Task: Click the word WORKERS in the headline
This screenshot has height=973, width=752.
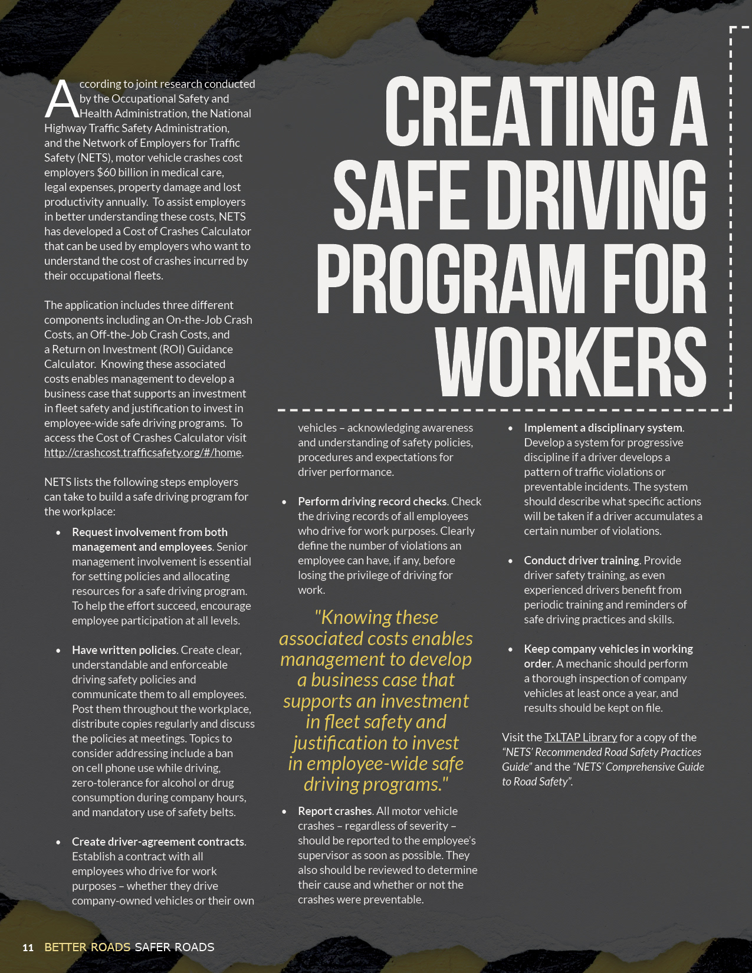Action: point(571,361)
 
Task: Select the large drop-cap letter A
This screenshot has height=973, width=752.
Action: point(61,98)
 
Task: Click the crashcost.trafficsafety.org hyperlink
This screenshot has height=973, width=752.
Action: point(143,452)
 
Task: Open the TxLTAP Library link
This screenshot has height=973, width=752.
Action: point(580,737)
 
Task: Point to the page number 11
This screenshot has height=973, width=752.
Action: point(28,948)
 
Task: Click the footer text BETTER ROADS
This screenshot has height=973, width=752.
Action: point(87,947)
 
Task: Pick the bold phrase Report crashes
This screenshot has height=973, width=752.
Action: point(334,811)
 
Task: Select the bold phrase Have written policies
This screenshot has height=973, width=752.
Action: point(124,650)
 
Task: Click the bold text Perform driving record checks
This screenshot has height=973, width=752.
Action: point(372,501)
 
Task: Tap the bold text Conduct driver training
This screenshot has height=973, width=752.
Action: point(582,560)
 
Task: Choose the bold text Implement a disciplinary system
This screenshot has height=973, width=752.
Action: point(603,428)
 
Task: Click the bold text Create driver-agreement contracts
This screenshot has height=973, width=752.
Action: point(158,841)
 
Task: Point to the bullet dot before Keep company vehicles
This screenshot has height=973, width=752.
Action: point(510,649)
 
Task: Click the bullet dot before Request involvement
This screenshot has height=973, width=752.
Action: point(58,532)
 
